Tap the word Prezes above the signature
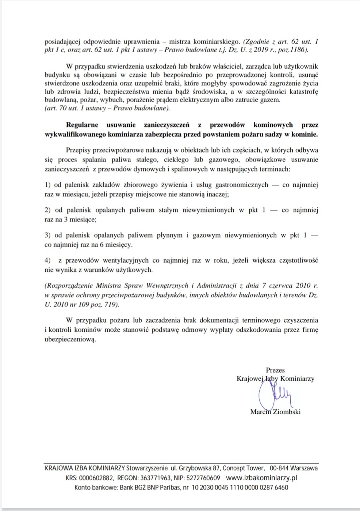pos(275,370)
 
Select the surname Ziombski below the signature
pos(287,412)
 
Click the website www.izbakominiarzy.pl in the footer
pos(262,478)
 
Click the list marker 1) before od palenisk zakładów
pos(47,185)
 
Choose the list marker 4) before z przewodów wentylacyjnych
pos(47,260)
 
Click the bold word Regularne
pos(82,125)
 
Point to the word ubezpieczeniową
pos(70,339)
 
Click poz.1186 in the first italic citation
pos(294,50)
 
